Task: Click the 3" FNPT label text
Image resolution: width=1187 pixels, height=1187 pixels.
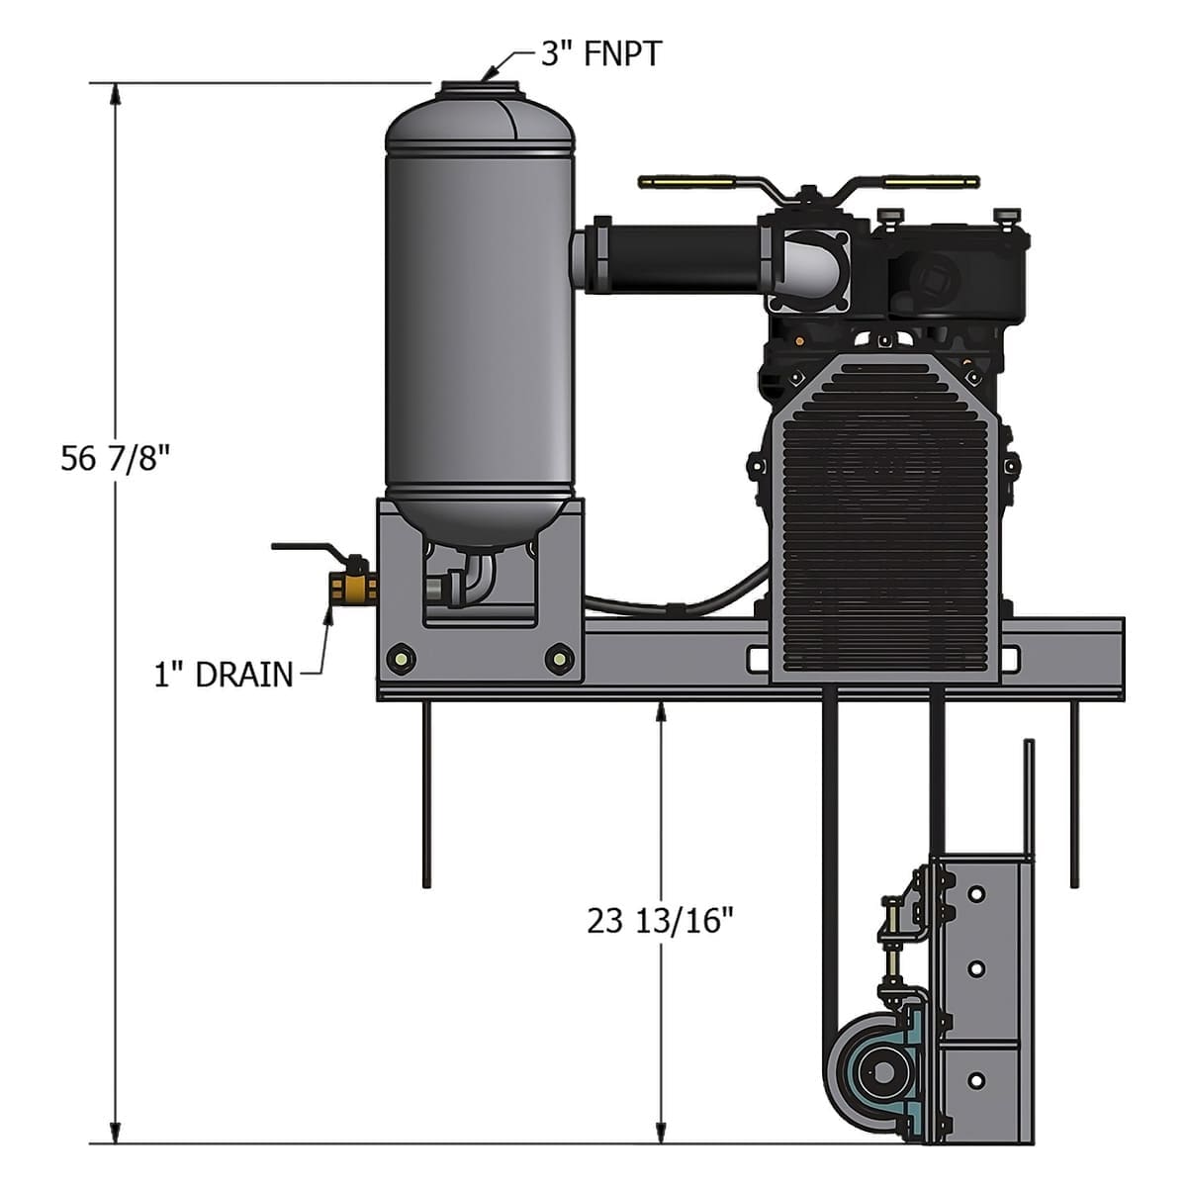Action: point(600,53)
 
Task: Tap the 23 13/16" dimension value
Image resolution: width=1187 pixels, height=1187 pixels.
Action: point(661,921)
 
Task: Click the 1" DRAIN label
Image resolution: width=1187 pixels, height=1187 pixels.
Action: point(224,675)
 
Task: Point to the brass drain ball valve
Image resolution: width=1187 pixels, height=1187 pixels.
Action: point(352,588)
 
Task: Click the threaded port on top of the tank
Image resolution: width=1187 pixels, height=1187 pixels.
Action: point(479,89)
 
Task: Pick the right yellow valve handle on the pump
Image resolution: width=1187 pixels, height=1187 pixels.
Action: point(930,182)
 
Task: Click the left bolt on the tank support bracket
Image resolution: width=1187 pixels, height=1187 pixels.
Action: point(401,658)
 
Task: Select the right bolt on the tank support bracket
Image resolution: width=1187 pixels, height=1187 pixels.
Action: point(559,658)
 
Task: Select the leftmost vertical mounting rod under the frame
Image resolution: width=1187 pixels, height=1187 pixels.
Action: point(426,791)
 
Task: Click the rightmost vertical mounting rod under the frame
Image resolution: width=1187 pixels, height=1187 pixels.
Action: point(1073,791)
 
